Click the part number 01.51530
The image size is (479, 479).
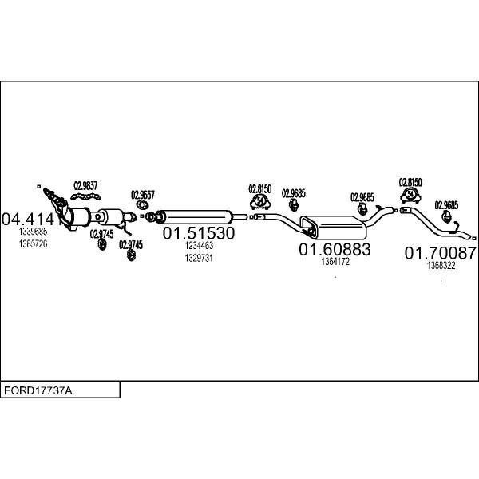point(199,233)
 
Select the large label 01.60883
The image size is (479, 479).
point(335,249)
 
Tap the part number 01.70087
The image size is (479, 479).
point(440,253)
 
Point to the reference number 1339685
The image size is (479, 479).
point(33,232)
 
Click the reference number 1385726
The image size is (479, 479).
point(33,243)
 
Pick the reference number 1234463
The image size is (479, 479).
point(199,245)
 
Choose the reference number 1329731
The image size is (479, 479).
point(199,258)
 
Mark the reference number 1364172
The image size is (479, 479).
point(335,262)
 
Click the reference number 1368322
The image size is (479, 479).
point(441,266)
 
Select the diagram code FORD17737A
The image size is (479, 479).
point(38,390)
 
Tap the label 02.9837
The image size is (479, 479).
point(85,186)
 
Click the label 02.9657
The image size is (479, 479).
point(143,195)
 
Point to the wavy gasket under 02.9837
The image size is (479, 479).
point(85,196)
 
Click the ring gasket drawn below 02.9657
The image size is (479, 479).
point(142,204)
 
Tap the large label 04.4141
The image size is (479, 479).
point(31,220)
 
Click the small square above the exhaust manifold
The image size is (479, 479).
point(39,186)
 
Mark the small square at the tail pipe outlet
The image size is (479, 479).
point(474,239)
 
